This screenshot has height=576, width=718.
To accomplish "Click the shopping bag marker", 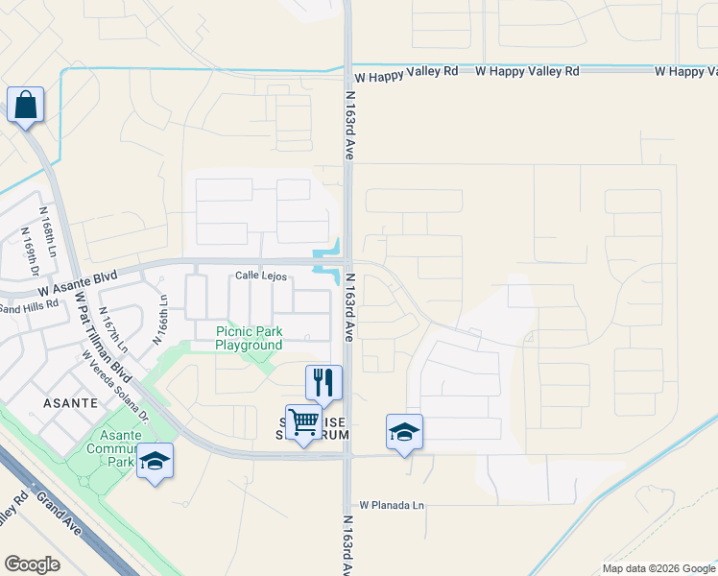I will tap(25, 105).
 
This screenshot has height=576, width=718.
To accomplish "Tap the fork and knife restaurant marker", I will tap(323, 381).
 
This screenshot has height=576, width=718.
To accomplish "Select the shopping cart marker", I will tap(303, 421).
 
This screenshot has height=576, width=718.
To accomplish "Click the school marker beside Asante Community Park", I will tap(155, 461).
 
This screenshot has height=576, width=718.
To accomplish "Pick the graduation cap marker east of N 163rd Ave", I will tap(404, 432).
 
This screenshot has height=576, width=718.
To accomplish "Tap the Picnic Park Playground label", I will tap(249, 338).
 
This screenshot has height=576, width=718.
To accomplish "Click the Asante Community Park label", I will tap(113, 447).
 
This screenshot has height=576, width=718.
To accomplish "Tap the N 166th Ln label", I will tap(159, 319).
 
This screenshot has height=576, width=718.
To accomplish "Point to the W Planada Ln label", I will tap(391, 505).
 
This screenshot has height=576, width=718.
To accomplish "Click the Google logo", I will tap(32, 564).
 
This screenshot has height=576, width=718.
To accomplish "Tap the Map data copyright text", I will tap(658, 568).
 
